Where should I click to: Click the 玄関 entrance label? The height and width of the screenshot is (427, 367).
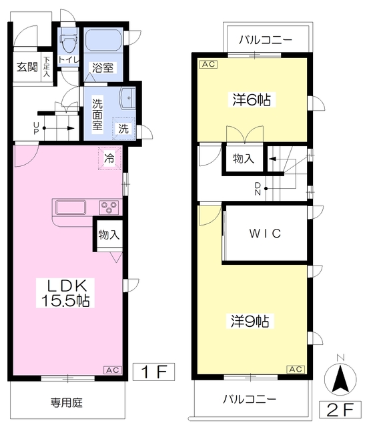coord(27,67)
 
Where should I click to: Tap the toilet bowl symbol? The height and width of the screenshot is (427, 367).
coord(68,43)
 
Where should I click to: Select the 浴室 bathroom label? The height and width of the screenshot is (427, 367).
coord(103,68)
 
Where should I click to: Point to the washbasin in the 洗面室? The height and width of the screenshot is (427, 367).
coord(127,98)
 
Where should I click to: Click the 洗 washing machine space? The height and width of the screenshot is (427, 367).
coord(124,129)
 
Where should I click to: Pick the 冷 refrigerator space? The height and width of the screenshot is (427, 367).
coord(109,158)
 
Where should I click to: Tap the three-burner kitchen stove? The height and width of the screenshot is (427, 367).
coord(109,207)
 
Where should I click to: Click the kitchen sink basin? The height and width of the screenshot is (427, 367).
coord(71,207)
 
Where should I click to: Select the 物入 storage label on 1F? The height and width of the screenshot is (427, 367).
coord(109,235)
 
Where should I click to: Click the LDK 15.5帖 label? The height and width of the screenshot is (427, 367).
coord(65,293)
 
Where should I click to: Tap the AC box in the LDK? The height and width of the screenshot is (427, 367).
coord(113,370)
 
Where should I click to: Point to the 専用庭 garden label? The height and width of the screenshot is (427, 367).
coord(67,402)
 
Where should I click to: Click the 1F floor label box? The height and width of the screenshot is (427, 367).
coord(154,372)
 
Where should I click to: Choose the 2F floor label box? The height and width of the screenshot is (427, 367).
coord(340,410)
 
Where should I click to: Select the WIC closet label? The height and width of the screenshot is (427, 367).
coord(265,234)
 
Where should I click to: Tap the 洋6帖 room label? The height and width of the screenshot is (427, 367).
coord(252,99)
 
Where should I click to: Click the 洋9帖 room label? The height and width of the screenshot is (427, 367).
coord(250,322)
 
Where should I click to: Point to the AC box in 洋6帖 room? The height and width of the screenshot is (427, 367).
coord(209,64)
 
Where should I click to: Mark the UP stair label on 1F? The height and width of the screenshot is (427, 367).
coord(36,128)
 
